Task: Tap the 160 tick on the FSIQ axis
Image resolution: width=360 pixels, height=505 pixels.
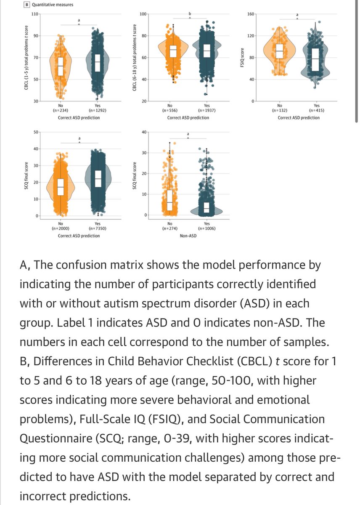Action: pos(251,14)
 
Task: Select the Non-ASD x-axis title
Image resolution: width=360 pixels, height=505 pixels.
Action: pos(188,236)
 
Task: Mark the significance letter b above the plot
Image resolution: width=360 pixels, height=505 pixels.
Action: pos(190,14)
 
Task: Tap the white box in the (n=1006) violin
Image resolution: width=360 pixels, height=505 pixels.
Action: pos(206,207)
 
